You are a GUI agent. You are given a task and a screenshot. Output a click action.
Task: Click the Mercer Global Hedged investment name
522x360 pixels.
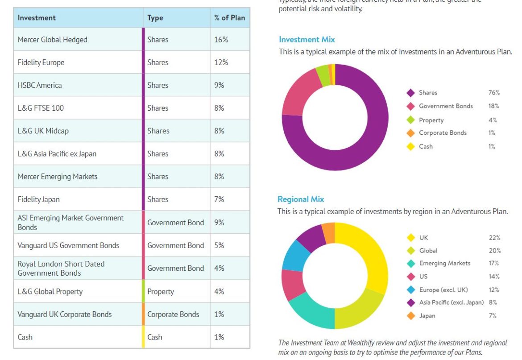point(52,40)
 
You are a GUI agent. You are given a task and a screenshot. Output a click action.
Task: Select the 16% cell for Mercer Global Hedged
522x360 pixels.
point(221,40)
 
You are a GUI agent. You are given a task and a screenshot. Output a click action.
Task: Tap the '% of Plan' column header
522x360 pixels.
point(229,18)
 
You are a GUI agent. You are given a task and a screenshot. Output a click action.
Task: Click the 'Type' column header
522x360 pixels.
point(155,18)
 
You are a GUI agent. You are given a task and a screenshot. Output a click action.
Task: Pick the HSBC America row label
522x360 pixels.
point(40,85)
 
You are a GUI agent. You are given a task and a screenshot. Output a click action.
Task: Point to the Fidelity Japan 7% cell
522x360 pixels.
point(219,199)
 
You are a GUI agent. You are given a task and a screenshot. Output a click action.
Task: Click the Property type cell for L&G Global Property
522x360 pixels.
point(161,292)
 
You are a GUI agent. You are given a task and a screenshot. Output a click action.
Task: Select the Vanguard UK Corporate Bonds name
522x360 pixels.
point(65,314)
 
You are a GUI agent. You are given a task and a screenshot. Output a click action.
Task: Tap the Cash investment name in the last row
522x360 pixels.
point(25,337)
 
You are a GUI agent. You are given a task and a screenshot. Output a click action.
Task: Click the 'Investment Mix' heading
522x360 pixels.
point(307,40)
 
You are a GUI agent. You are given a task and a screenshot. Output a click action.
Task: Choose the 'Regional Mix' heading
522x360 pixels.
point(301,199)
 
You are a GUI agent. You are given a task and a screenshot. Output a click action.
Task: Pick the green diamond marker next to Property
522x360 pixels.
point(411,120)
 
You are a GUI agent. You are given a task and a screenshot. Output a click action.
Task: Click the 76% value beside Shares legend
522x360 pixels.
point(494,93)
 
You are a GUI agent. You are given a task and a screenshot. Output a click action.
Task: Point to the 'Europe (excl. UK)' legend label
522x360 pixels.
point(443,290)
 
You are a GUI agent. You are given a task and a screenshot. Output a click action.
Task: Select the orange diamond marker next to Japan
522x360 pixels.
point(411,316)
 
